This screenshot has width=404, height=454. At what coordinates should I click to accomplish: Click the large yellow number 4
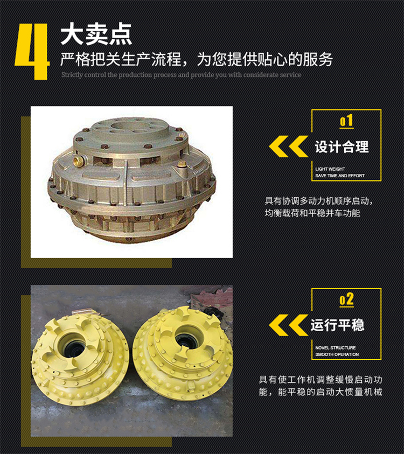point(32,52)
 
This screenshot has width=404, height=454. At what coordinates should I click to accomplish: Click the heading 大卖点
point(96,34)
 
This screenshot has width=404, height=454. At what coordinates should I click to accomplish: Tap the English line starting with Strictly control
point(182,75)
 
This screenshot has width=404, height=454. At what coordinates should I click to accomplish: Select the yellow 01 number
point(346,121)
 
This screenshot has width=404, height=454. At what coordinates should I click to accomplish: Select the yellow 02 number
point(346,299)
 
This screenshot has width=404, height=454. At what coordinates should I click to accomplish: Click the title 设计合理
point(342,147)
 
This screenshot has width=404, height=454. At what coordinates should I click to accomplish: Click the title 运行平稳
point(337,325)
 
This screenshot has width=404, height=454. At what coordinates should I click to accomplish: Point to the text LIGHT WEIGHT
point(330,169)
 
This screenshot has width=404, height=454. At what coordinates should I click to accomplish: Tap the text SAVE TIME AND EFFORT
point(340,176)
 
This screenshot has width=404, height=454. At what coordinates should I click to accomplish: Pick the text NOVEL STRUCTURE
point(336,348)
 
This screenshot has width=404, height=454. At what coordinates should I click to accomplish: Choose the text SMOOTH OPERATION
point(337,354)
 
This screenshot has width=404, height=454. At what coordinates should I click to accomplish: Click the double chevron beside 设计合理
point(288,146)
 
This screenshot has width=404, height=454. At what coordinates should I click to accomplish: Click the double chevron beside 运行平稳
point(288,325)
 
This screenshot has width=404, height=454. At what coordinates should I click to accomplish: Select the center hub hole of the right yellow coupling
point(186,337)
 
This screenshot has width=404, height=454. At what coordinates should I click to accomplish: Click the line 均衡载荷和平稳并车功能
point(312,213)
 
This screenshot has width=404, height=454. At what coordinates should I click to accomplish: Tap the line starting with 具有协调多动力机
point(318,201)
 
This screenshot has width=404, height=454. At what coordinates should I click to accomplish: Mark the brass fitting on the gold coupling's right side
point(182,165)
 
